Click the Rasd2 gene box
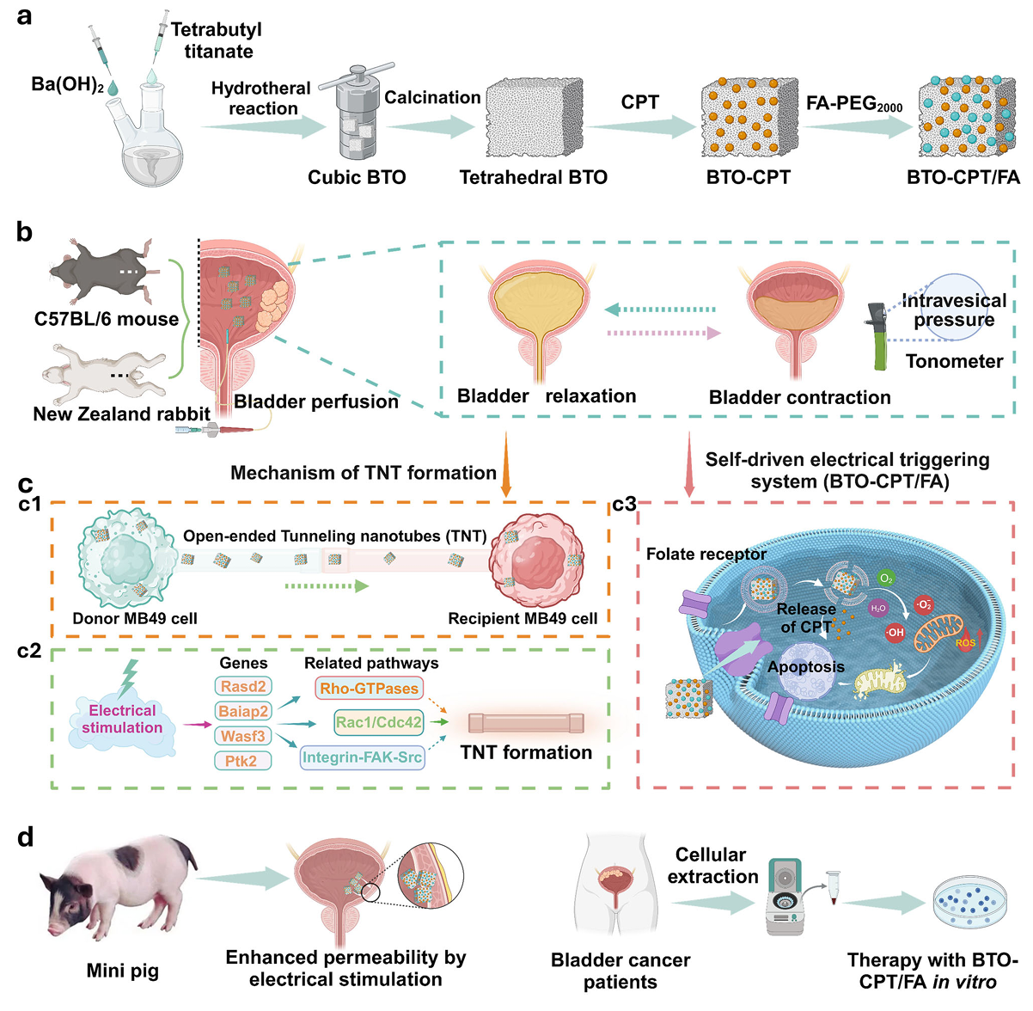pos(243,686)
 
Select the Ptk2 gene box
pos(242,760)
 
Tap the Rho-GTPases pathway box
pos(370,688)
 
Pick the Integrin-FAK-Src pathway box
pos(363,757)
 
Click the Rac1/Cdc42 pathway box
pos(379,722)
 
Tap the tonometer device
pos(879,335)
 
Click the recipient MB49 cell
pos(537,564)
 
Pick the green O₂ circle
pos(885,579)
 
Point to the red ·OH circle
pos(894,633)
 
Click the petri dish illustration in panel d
pos(970,902)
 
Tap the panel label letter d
pos(26,836)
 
